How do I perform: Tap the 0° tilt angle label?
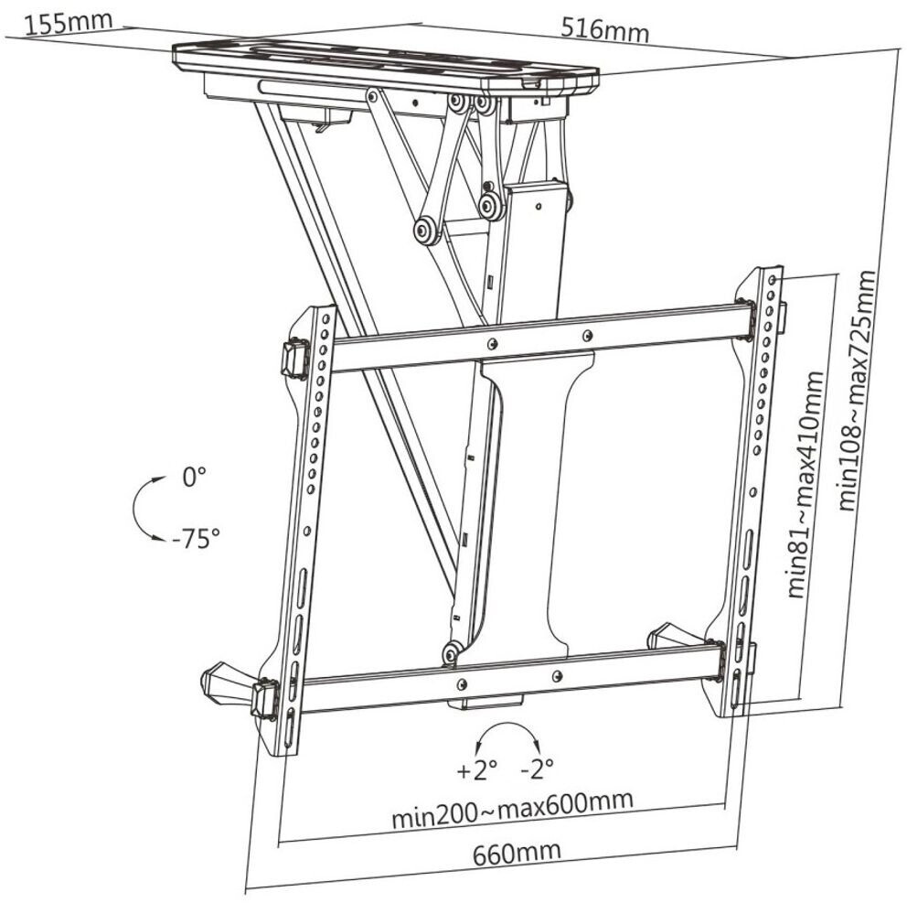point(195,477)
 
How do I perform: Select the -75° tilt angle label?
point(195,537)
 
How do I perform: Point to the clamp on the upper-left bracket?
point(294,359)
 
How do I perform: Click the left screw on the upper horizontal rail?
point(493,344)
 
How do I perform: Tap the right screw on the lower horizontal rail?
point(557,676)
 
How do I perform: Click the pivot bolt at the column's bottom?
point(450,652)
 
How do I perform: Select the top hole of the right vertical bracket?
point(773,277)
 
